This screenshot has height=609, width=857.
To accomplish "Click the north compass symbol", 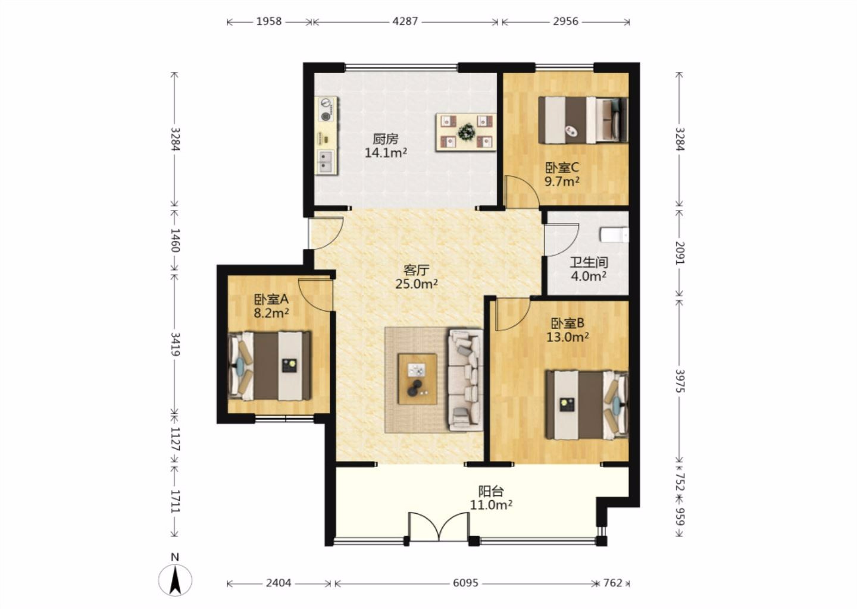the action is (175, 576).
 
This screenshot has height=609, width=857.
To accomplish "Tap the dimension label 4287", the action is (405, 21).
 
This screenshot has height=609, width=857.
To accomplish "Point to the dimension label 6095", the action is (465, 583).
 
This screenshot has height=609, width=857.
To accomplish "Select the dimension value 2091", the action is (680, 253).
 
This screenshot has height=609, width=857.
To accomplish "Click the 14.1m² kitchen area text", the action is (385, 153).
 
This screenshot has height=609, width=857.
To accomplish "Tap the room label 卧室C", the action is (562, 168).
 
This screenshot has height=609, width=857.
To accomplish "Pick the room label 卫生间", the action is (589, 262).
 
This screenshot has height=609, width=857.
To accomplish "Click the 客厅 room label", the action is (416, 270).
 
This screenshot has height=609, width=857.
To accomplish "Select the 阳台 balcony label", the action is (491, 491).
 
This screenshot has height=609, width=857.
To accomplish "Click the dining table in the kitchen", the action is (465, 132).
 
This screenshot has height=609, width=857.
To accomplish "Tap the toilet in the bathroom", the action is (614, 235).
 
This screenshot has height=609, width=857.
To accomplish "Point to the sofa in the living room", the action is (465, 379).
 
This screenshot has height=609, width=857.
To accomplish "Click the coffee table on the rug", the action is (417, 379).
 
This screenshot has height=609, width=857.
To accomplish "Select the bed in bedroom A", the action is (270, 366).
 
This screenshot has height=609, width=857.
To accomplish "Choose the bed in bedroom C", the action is (583, 120).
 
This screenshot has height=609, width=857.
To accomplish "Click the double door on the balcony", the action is (439, 527).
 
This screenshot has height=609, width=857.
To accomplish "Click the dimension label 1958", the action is (268, 21).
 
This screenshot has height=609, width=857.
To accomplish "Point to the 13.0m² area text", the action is (567, 337).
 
